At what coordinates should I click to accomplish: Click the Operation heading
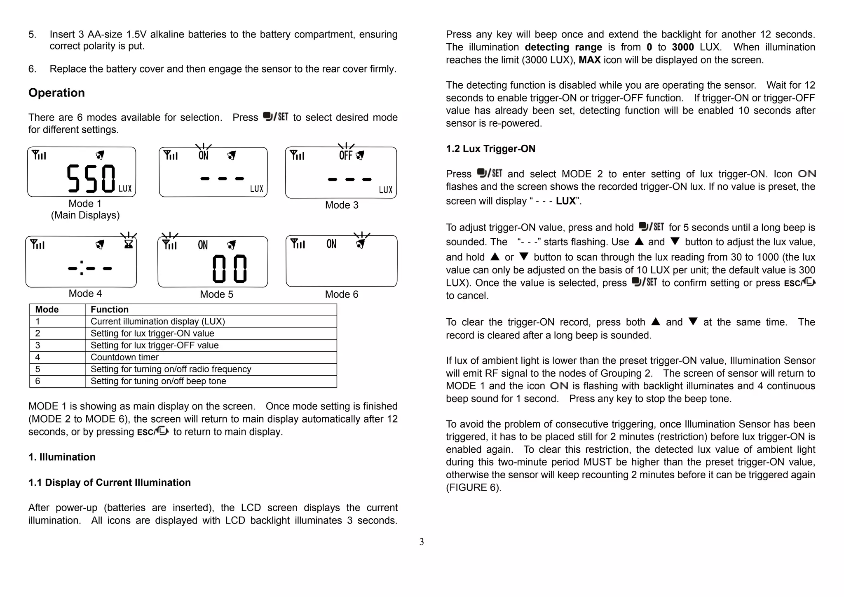(56, 93)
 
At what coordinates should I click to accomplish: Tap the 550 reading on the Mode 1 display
(91, 179)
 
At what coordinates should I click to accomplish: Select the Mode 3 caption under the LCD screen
(342, 205)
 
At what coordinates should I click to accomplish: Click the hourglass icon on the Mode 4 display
(129, 244)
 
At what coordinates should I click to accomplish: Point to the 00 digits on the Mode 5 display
(230, 269)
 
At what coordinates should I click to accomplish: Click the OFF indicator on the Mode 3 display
(345, 155)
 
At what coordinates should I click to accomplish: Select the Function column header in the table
(110, 310)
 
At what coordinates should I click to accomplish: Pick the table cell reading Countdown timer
(124, 357)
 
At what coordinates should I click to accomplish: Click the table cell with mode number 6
(38, 381)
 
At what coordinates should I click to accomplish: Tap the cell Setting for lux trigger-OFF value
(155, 346)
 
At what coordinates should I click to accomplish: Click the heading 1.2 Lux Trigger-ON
(490, 149)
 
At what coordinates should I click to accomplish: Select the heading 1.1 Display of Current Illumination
(110, 483)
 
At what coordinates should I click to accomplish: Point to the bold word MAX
(589, 60)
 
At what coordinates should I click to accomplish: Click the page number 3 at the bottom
(422, 542)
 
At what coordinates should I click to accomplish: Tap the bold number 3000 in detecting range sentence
(683, 47)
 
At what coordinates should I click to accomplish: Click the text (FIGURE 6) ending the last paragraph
(474, 488)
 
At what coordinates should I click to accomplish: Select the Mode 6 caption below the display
(342, 294)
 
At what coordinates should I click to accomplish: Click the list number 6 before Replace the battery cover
(32, 69)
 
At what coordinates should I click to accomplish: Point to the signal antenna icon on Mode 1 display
(39, 155)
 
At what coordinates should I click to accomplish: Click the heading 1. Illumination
(62, 457)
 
